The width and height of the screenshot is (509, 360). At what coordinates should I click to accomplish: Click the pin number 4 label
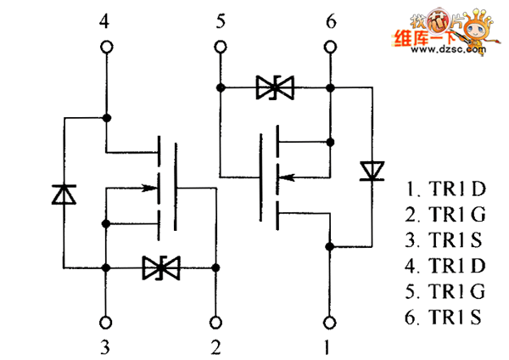[105, 21]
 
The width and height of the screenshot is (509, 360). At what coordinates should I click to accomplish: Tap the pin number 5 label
[220, 21]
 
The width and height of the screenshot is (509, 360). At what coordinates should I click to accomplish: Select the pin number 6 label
[330, 21]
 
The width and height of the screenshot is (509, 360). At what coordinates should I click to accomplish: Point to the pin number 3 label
[105, 346]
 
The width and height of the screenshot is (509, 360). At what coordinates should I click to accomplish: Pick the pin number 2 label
[217, 346]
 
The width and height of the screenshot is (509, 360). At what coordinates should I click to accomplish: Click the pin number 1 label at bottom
[330, 346]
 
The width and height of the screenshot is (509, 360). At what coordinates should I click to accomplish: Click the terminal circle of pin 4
[105, 48]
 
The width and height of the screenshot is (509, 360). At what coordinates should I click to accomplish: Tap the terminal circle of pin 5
[220, 48]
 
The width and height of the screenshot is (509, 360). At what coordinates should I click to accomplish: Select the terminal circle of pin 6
[330, 48]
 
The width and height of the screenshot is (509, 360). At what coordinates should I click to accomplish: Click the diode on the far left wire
[63, 194]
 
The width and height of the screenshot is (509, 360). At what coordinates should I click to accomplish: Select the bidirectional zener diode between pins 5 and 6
[274, 87]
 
